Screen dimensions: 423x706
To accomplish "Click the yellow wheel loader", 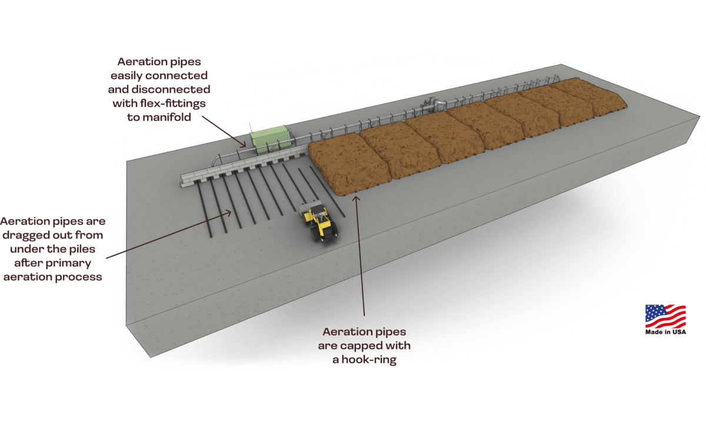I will click(x=321, y=223).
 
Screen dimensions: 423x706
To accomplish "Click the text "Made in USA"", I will click(x=665, y=333).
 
